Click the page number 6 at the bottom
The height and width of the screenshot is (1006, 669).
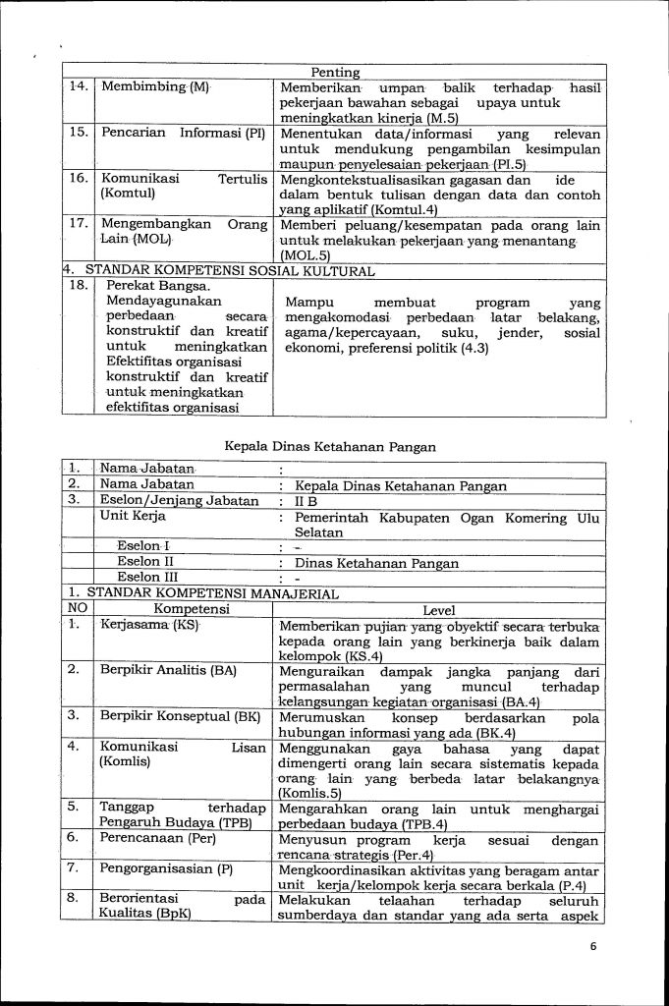tap(593, 947)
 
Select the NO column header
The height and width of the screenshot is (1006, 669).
tap(77, 609)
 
